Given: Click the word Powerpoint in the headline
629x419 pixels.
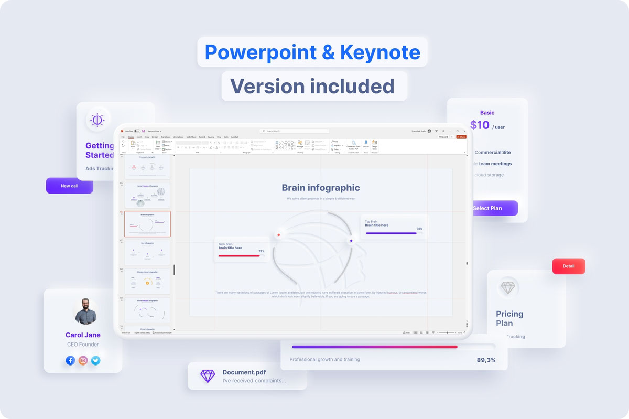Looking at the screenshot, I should point(261,52).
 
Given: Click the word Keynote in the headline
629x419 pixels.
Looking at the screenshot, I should point(380,52).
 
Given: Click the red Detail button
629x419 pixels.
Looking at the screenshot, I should point(569,266).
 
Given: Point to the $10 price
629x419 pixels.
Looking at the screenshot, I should point(480,125).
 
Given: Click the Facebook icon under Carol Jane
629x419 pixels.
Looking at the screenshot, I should point(70,360).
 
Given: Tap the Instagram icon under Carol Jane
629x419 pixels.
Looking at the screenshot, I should point(83,360).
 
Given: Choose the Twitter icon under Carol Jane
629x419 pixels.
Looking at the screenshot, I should point(95,360).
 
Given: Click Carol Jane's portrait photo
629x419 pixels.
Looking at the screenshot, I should point(85,311).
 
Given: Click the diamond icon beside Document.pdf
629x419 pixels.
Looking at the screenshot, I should point(208,375).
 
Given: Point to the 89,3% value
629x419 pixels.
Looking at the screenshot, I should point(486,360).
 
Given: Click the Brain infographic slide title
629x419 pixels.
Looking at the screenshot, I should point(321,188).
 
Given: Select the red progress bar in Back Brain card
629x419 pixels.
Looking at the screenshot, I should point(238,256).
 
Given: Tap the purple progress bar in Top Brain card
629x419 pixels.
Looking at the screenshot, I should point(391,233).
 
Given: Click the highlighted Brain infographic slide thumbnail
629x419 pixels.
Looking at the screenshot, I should point(147,224).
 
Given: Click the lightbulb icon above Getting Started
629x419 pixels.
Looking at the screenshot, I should point(97,120).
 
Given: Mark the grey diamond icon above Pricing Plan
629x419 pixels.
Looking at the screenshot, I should point(508,287).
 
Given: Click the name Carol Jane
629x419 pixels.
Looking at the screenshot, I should point(83,335).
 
